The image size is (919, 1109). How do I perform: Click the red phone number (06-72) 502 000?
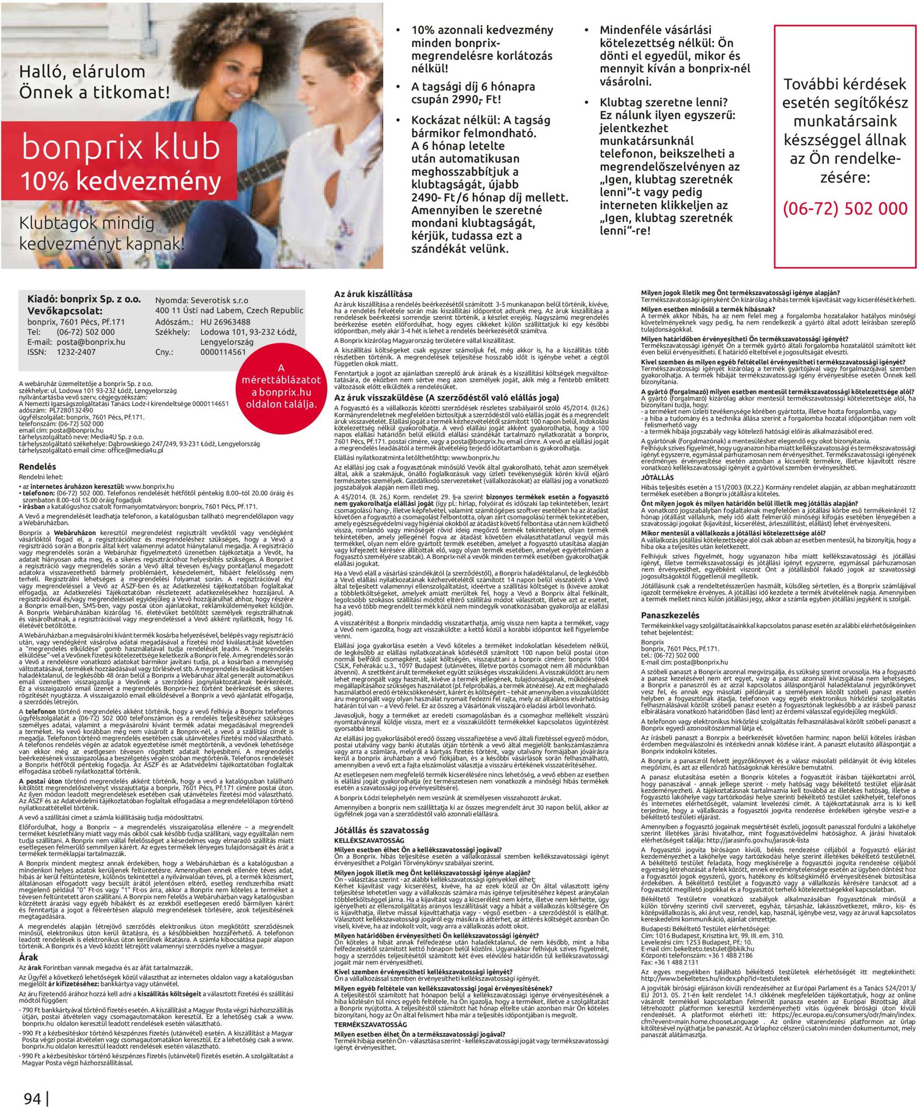click(x=845, y=208)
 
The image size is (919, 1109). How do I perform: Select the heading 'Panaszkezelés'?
click(x=670, y=615)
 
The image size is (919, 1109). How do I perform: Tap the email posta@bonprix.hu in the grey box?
click(x=90, y=342)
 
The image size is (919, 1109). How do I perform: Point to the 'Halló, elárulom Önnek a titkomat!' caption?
click(x=95, y=82)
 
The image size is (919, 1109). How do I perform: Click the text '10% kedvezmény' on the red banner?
click(x=120, y=181)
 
